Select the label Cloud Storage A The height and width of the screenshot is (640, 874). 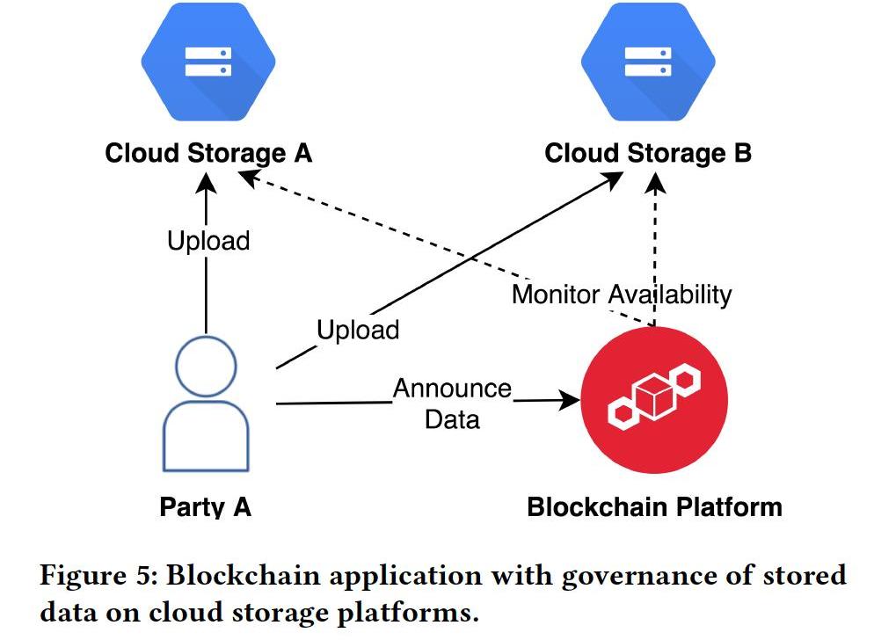[x=208, y=153]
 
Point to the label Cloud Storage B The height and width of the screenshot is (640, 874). [x=648, y=153]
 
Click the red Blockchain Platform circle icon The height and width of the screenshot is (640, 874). [x=655, y=400]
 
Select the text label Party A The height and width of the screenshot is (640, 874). [x=206, y=507]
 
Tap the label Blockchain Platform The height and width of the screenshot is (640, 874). [x=654, y=507]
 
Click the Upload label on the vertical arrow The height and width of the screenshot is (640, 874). [x=208, y=240]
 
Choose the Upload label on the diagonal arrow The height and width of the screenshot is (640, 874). [x=358, y=331]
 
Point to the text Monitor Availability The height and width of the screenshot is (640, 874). [x=621, y=294]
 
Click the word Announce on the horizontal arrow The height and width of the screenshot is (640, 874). [x=452, y=388]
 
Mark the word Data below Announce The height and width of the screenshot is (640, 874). [x=452, y=418]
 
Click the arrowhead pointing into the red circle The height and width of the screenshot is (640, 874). [x=570, y=401]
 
